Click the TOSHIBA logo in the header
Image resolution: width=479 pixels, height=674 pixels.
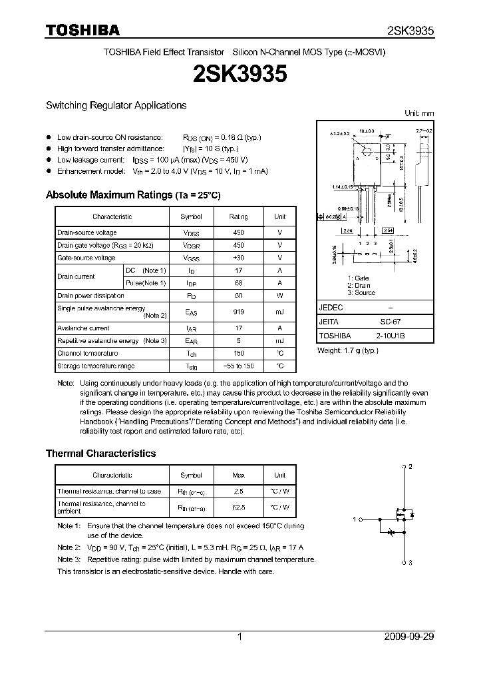82,30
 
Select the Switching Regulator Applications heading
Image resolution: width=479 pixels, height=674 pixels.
116,105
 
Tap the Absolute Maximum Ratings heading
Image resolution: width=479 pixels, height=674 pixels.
133,195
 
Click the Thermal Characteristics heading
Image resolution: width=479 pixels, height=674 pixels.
100,453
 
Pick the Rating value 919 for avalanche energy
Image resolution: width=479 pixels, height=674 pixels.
238,311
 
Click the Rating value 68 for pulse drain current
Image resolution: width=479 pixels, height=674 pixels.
238,283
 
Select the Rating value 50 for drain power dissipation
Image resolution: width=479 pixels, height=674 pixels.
238,296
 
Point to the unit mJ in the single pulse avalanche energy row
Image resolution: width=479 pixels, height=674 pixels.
279,311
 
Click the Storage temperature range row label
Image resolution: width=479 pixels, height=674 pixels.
96,366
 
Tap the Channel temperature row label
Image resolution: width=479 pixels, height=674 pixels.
87,353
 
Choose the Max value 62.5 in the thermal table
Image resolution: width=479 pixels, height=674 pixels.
238,507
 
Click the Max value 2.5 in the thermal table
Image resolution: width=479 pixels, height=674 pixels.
238,492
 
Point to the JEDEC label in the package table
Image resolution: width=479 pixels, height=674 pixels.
331,308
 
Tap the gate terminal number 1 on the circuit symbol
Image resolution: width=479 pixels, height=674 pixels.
355,519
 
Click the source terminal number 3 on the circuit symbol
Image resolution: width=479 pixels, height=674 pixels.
410,563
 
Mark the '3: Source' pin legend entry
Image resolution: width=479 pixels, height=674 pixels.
361,292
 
